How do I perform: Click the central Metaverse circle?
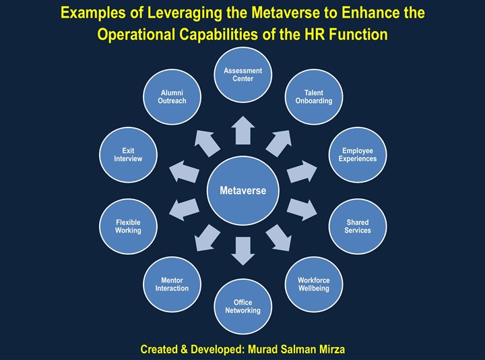click(243, 191)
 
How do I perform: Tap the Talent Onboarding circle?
click(313, 96)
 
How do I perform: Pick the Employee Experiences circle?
click(357, 154)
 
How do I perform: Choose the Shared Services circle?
click(357, 226)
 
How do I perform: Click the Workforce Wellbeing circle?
click(313, 284)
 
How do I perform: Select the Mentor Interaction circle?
click(172, 284)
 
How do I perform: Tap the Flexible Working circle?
click(128, 226)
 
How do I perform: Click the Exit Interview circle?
click(128, 154)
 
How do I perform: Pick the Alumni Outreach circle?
click(172, 96)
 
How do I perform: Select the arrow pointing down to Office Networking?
click(243, 250)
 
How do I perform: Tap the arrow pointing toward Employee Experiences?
click(302, 172)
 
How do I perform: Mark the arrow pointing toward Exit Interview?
click(183, 172)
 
